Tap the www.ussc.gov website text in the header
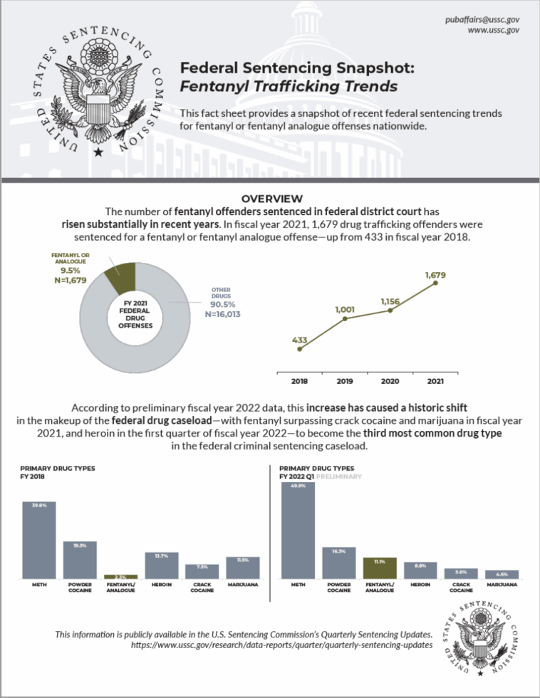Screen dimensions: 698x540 coord(493,30)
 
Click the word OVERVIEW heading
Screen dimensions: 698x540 coord(272,199)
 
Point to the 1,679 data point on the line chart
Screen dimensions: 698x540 coord(435,283)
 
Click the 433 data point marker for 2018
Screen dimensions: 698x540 coord(300,349)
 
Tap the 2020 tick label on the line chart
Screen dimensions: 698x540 coord(390,382)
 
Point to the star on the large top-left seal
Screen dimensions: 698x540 coord(98,151)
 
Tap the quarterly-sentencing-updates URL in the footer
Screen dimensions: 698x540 coord(282,645)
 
